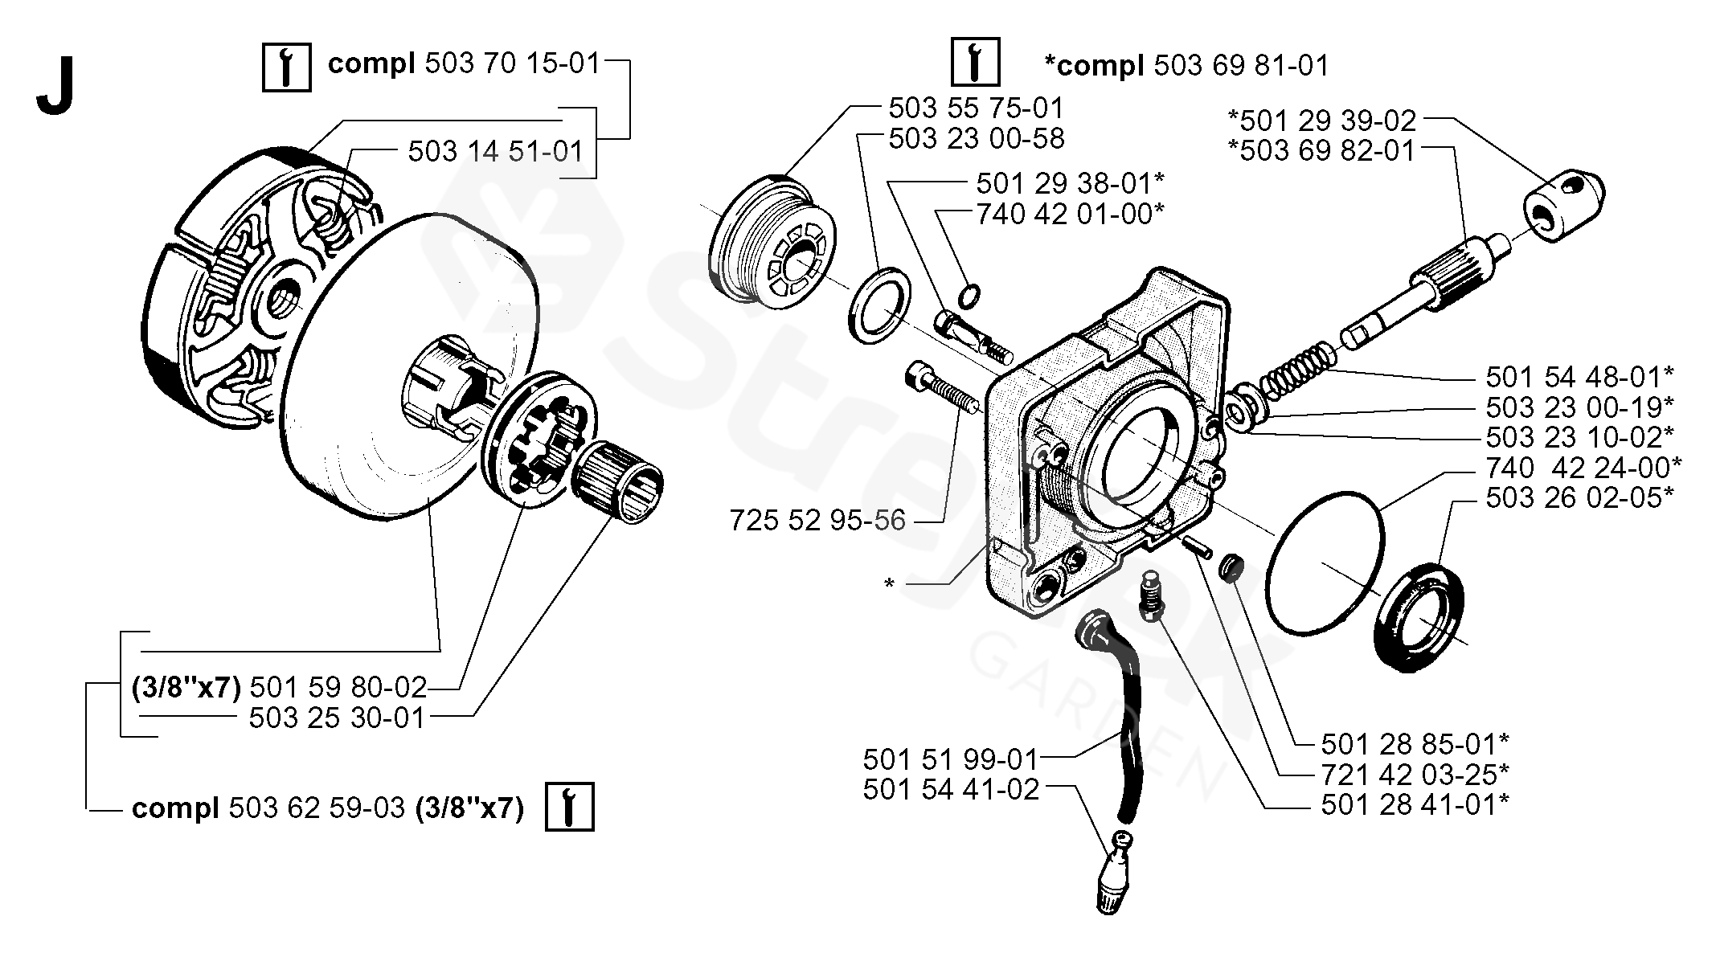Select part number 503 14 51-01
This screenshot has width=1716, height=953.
pyautogui.click(x=496, y=151)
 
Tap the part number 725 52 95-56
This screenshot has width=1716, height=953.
pyautogui.click(x=817, y=521)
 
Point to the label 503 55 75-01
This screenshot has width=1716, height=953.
pyautogui.click(x=976, y=108)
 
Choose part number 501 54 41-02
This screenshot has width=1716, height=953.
pyautogui.click(x=951, y=789)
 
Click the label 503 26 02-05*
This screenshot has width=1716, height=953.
pyautogui.click(x=1579, y=497)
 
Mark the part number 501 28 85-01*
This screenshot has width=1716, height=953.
pyautogui.click(x=1415, y=743)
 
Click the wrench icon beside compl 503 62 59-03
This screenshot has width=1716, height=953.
pyautogui.click(x=569, y=806)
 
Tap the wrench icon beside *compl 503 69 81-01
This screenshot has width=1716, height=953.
pyautogui.click(x=975, y=61)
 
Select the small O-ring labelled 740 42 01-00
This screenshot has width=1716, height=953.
pyautogui.click(x=970, y=295)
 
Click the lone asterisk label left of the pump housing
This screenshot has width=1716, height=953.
pyautogui.click(x=889, y=584)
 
